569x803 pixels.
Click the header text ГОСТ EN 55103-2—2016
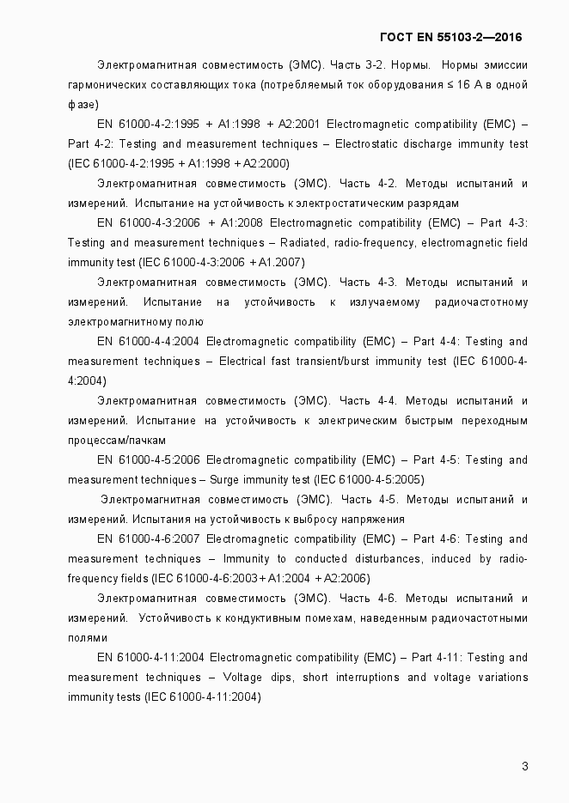[x=450, y=37]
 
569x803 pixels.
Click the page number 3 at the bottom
[x=524, y=766]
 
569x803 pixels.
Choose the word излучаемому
[x=384, y=301]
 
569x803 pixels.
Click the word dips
[x=276, y=678]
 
